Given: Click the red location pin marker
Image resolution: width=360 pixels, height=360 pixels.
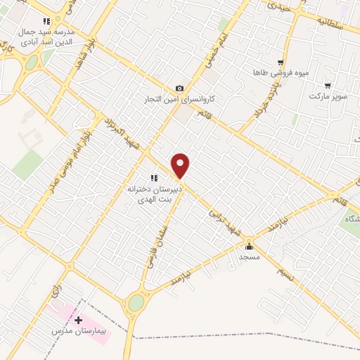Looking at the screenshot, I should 181,166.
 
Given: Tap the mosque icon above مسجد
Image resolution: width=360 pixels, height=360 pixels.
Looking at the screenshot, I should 249,246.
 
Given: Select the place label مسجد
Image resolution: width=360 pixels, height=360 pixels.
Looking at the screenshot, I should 249,257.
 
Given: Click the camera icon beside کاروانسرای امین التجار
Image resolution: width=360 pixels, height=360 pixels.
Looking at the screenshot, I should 180,89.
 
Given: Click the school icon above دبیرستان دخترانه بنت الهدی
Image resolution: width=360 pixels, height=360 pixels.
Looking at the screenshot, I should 153,178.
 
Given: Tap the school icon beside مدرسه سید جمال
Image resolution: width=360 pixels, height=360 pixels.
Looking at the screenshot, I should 46,21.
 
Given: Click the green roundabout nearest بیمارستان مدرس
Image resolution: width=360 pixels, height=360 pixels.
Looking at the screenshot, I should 136,303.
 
